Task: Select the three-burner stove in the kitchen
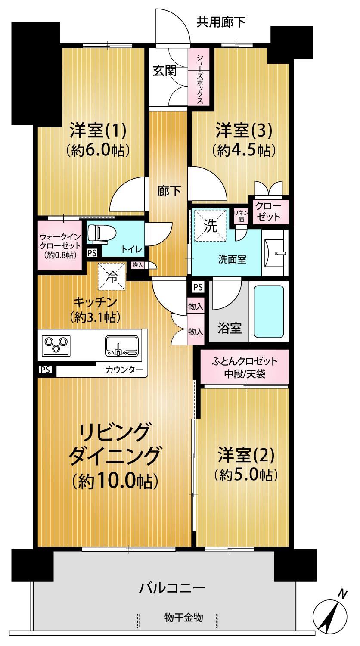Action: [56, 345]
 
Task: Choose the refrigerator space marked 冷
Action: [112, 276]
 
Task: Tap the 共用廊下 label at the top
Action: [221, 22]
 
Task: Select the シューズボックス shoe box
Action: [199, 77]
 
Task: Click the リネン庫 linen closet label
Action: [241, 216]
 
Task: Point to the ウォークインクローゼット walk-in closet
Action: [60, 245]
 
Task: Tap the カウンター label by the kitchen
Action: [124, 370]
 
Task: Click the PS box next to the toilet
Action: [92, 253]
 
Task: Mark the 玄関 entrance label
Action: [164, 71]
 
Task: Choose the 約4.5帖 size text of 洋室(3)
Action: [243, 150]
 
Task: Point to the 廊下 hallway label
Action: [169, 191]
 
